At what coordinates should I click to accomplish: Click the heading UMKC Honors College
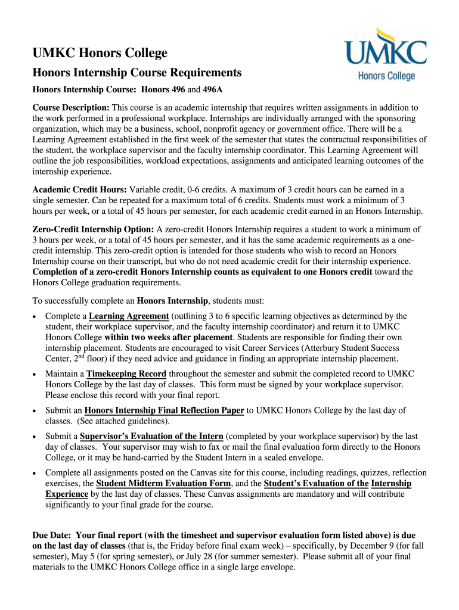(100, 54)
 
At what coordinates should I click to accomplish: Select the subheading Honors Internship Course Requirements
(137, 73)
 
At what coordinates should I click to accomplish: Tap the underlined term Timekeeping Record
(126, 374)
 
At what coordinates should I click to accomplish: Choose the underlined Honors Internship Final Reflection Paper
(165, 410)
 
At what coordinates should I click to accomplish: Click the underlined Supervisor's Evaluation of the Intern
(151, 435)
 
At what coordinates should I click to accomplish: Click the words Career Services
(271, 348)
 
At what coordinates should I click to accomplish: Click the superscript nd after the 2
(76, 356)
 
